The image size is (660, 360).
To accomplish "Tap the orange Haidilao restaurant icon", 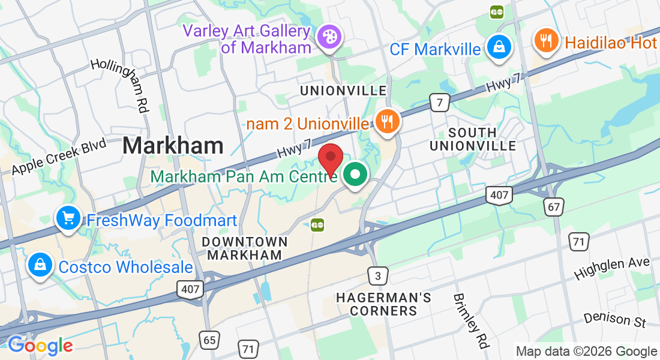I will (545, 40).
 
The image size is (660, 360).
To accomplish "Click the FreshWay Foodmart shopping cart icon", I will (68, 218).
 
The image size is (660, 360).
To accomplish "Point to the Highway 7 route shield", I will (440, 103).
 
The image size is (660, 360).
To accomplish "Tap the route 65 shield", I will (209, 340).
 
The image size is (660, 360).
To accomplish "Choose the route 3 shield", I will (377, 276).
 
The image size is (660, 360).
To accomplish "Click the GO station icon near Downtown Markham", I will (317, 226).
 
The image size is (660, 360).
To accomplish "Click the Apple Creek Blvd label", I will (59, 157).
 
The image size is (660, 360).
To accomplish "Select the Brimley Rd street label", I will (470, 321).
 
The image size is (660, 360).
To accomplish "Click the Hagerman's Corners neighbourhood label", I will (383, 304).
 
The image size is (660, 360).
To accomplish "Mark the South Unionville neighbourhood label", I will (472, 139).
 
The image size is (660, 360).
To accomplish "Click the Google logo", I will (40, 345).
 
